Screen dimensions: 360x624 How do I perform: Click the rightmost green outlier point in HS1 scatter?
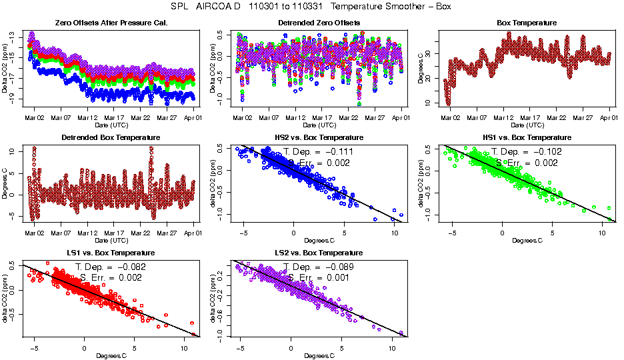[x=609, y=219]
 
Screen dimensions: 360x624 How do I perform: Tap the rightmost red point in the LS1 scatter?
[x=194, y=334]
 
